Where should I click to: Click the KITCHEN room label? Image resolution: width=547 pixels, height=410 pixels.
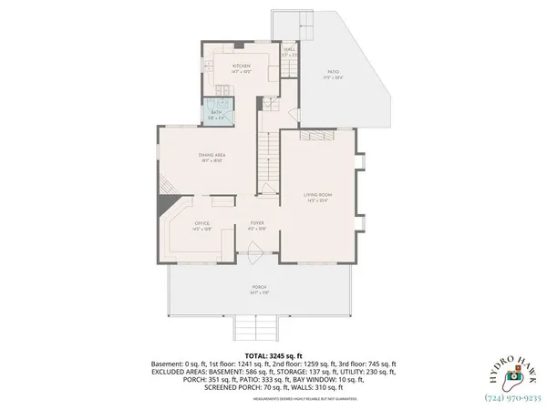(x=242, y=67)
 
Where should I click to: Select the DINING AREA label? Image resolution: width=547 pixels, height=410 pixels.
(x=212, y=156)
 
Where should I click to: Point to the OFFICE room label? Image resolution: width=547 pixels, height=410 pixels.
(x=202, y=223)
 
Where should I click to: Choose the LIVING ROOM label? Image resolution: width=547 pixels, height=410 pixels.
(x=317, y=195)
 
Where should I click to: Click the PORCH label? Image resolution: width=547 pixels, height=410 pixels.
(x=260, y=289)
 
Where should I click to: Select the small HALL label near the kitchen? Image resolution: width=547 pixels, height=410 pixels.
(x=290, y=50)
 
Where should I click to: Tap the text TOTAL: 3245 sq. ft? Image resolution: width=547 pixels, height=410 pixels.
(x=273, y=355)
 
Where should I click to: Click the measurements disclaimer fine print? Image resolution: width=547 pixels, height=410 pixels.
(x=273, y=397)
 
